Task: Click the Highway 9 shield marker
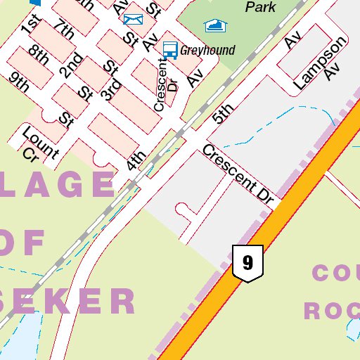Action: tap(247, 264)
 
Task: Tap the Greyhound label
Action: tap(207, 50)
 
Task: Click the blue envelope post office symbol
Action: tap(132, 18)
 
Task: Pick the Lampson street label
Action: tap(321, 62)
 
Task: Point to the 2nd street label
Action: tap(70, 65)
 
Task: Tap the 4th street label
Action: tap(136, 161)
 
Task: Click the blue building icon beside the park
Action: tap(216, 26)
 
